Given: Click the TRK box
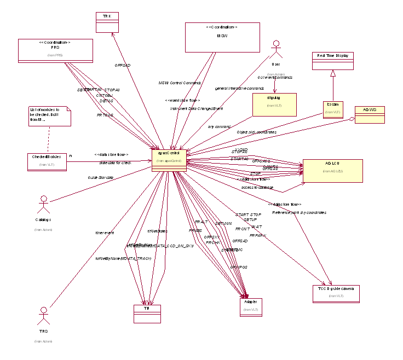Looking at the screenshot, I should click(x=107, y=21).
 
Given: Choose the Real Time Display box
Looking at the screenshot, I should click(x=333, y=60).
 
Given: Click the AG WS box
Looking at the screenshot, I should click(x=370, y=114).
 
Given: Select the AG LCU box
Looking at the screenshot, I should click(x=332, y=170).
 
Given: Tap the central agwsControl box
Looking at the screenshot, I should click(x=169, y=159).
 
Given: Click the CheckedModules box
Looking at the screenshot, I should click(x=47, y=161).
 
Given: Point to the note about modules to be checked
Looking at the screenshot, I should click(x=50, y=117).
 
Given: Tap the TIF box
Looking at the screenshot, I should click(x=147, y=313).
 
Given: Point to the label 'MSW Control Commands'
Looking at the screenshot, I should click(x=180, y=83).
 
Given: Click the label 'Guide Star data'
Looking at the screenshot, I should click(x=101, y=178).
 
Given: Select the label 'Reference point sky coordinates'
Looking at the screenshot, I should click(x=299, y=212).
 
